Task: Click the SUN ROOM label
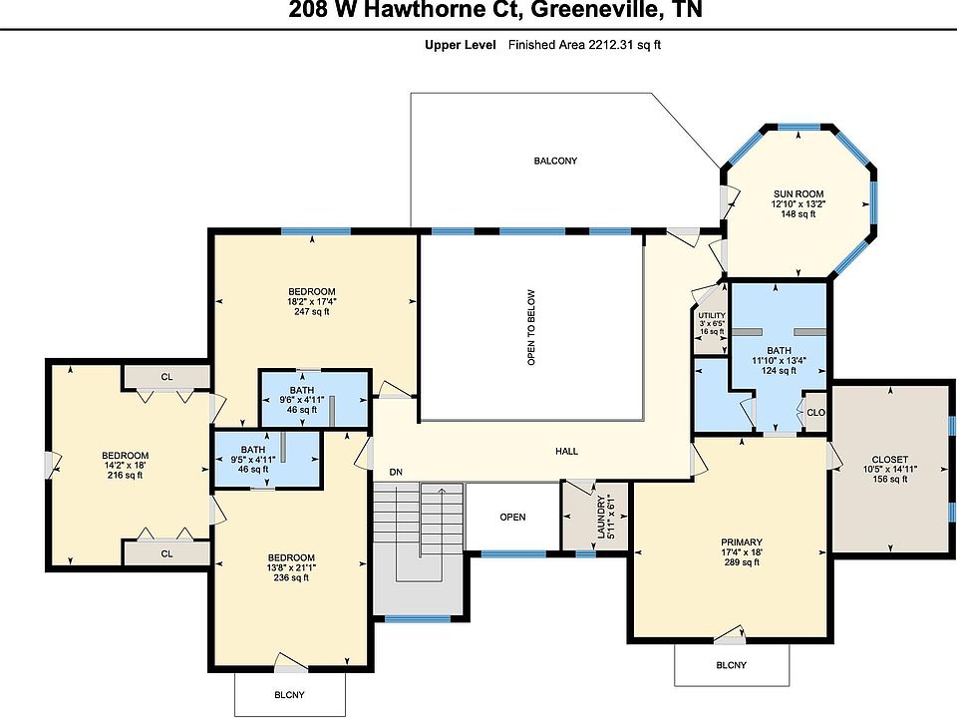(798, 194)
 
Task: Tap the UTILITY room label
(712, 316)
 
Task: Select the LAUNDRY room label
(601, 517)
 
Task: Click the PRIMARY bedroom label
(742, 542)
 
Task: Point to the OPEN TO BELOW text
(531, 327)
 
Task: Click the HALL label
(566, 451)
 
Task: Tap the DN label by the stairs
(396, 472)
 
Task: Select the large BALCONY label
(555, 162)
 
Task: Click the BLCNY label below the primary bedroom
(731, 665)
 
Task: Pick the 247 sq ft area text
(312, 311)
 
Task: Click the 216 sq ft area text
(126, 475)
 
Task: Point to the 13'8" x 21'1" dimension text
(291, 567)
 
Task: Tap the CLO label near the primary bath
(816, 413)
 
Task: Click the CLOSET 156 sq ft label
(890, 469)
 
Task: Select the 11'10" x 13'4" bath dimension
(779, 360)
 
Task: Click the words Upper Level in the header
(461, 45)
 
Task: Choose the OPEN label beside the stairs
(512, 518)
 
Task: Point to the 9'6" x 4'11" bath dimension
(302, 400)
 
